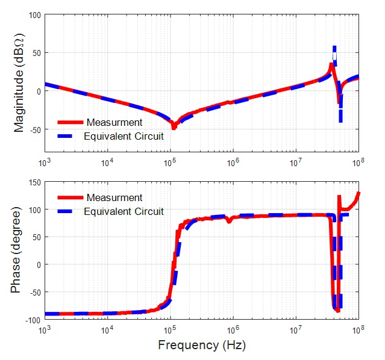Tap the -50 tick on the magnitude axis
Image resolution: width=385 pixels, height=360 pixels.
pos(33,130)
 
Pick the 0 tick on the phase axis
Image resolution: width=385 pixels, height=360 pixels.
pos(37,265)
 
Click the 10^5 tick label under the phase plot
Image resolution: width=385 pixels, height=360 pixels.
pos(170,330)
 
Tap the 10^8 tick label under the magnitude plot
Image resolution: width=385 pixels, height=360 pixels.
pos(359,163)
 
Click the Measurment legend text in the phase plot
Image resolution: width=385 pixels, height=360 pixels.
pos(114,197)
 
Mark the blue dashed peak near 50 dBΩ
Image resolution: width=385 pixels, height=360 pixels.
pos(334,49)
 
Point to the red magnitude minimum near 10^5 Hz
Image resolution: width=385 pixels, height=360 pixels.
pos(174,126)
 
